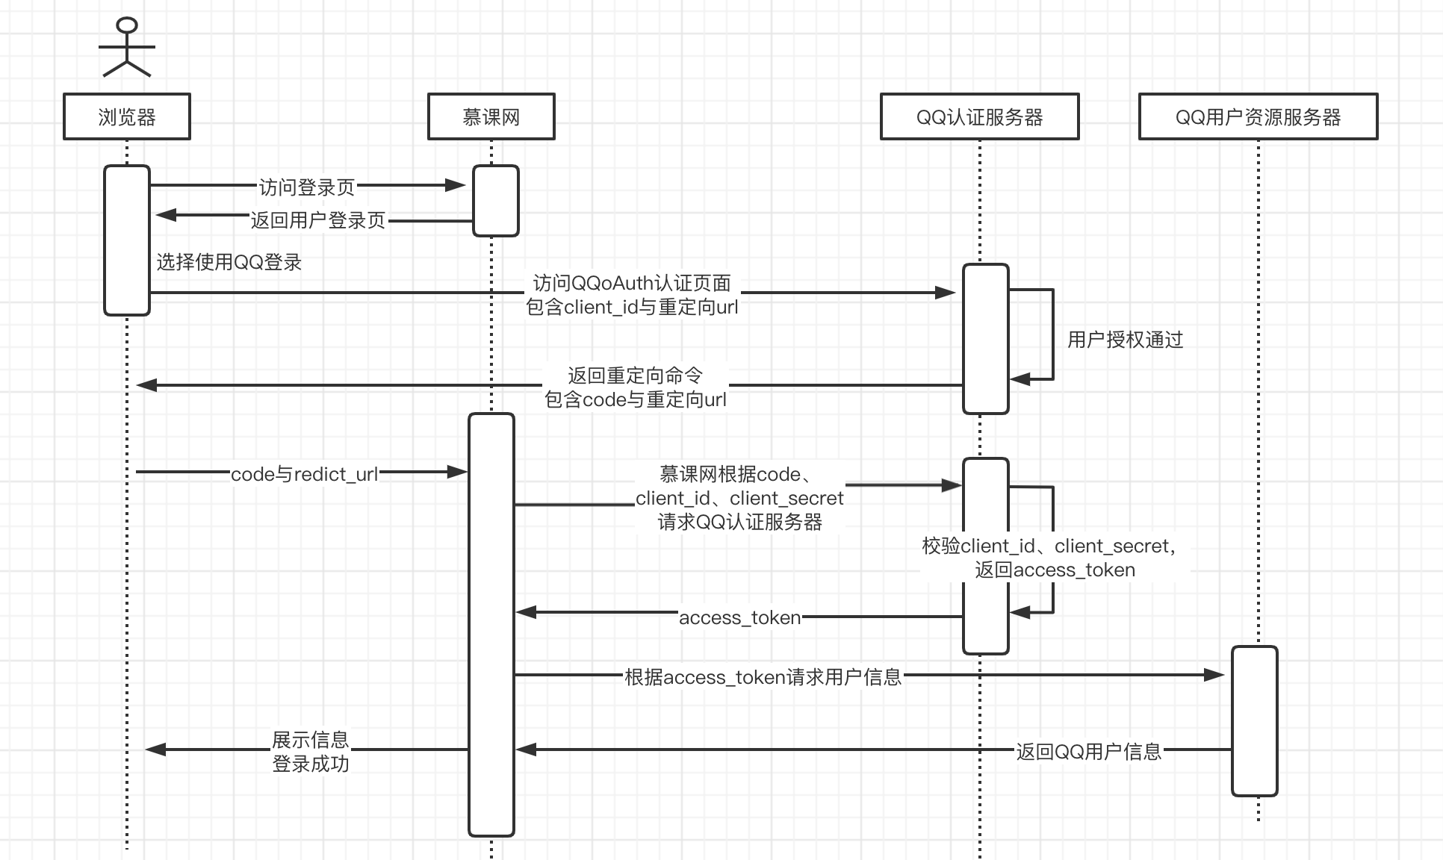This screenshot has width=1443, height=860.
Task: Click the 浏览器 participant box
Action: (127, 116)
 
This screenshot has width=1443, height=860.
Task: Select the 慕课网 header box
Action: (491, 116)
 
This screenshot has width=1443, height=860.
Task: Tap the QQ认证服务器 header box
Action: (979, 116)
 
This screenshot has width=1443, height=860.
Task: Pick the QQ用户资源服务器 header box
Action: (1258, 116)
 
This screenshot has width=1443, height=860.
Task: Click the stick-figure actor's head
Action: (127, 25)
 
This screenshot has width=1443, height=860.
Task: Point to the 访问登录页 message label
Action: (307, 187)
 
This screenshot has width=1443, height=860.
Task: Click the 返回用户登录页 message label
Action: (318, 220)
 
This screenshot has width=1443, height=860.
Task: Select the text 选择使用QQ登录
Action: (229, 262)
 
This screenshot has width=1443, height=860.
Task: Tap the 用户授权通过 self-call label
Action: (1125, 340)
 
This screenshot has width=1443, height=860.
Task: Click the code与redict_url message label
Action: (305, 474)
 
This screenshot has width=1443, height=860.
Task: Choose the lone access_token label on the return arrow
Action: (739, 617)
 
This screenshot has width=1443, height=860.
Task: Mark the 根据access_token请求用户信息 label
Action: (763, 677)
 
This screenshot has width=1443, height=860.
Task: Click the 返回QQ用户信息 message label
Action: (1088, 751)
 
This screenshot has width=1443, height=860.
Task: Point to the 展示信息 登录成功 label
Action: (311, 752)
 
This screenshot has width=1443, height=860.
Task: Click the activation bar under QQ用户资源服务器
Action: (1255, 721)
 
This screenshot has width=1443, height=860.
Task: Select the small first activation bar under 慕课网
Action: (495, 201)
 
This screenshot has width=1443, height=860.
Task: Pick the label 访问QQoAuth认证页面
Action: (632, 284)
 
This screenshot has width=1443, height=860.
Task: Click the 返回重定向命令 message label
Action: (635, 376)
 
